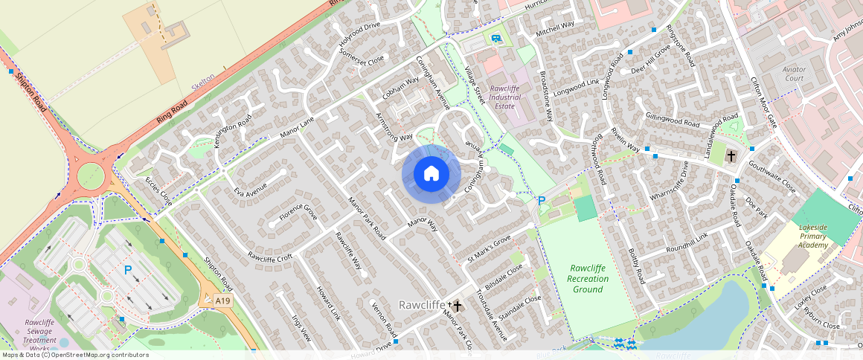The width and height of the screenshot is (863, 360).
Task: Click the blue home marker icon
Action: click(431, 174)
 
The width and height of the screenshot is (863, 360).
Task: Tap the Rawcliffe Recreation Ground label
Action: click(588, 278)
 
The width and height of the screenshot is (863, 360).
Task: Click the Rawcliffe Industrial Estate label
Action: click(500, 97)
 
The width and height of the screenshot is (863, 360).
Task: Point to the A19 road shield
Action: click(222, 300)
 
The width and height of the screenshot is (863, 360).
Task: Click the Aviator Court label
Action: click(794, 74)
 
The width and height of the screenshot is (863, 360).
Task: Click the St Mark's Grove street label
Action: click(489, 248)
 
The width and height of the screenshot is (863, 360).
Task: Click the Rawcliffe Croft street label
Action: click(270, 258)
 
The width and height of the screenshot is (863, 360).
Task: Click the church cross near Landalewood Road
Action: click(731, 155)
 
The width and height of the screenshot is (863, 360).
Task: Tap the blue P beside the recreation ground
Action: click(542, 200)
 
